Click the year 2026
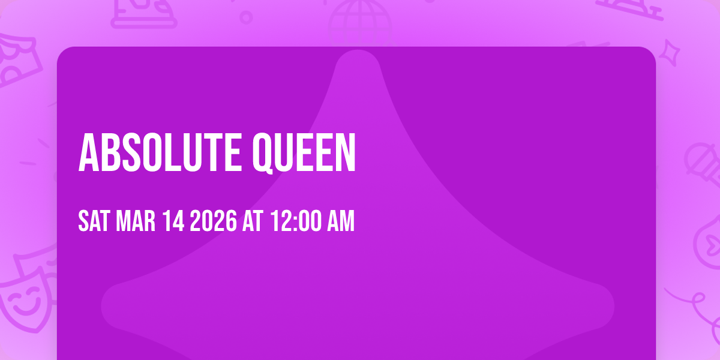pyautogui.click(x=213, y=221)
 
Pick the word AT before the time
pyautogui.click(x=252, y=221)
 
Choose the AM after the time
pyautogui.click(x=339, y=221)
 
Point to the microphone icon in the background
pyautogui.click(x=699, y=159)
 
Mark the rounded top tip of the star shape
pyautogui.click(x=358, y=60)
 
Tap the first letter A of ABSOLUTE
pyautogui.click(x=88, y=153)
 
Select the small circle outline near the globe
pyautogui.click(x=246, y=16)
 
